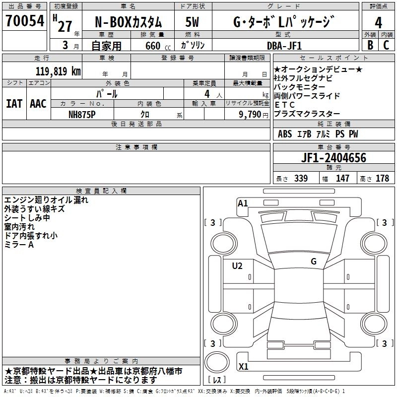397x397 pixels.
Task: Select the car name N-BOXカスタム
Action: pos(128,22)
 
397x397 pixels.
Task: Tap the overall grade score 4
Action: pos(379,22)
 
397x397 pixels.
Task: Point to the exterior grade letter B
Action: pos(370,45)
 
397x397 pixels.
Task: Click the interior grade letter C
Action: pos(387,45)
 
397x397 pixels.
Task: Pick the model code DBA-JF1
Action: pos(291,45)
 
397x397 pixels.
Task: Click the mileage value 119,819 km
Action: pos(58,71)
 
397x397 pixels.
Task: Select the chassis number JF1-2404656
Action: pos(333,158)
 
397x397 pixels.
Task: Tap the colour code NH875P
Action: pos(82,114)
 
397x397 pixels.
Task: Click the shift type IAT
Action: pos(14,103)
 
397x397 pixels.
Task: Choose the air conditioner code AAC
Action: pos(38,103)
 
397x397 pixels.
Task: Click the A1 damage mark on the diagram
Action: pos(243,203)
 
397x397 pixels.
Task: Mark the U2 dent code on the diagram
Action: pos(237,266)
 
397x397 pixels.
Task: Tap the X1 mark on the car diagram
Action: pos(243,367)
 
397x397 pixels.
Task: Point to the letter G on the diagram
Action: pos(314,261)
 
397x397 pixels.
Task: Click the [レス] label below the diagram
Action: pos(217,380)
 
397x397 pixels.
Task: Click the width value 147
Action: pos(342,179)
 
